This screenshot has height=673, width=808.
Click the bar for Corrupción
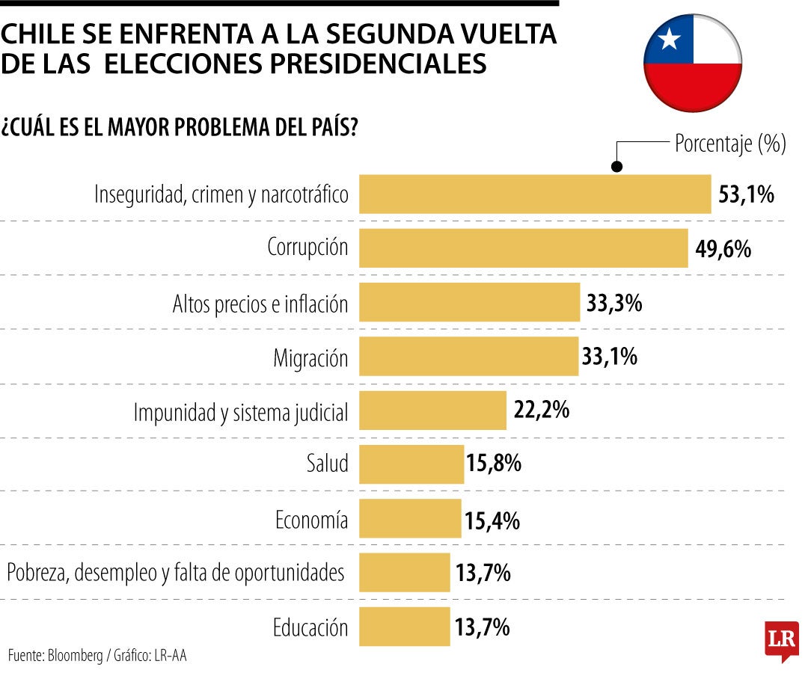[x=523, y=248]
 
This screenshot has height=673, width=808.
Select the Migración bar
[x=469, y=356]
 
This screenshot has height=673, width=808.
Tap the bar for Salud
[x=411, y=464]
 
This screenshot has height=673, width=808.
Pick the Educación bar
[x=405, y=626]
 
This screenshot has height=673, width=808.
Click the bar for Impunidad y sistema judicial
[x=432, y=410]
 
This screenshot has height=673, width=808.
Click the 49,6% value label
[x=723, y=248]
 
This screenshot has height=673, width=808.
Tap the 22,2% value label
[x=542, y=410]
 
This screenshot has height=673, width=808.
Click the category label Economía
[x=311, y=519]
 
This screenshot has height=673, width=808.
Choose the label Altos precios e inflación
[x=260, y=304]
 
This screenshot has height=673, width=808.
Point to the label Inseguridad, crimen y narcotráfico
[x=221, y=194]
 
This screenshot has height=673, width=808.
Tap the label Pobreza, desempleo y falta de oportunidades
[x=176, y=573]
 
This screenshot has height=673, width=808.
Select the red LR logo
[x=781, y=640]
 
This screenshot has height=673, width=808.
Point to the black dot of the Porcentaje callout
[x=617, y=168]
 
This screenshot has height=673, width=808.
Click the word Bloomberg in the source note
[x=76, y=656]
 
